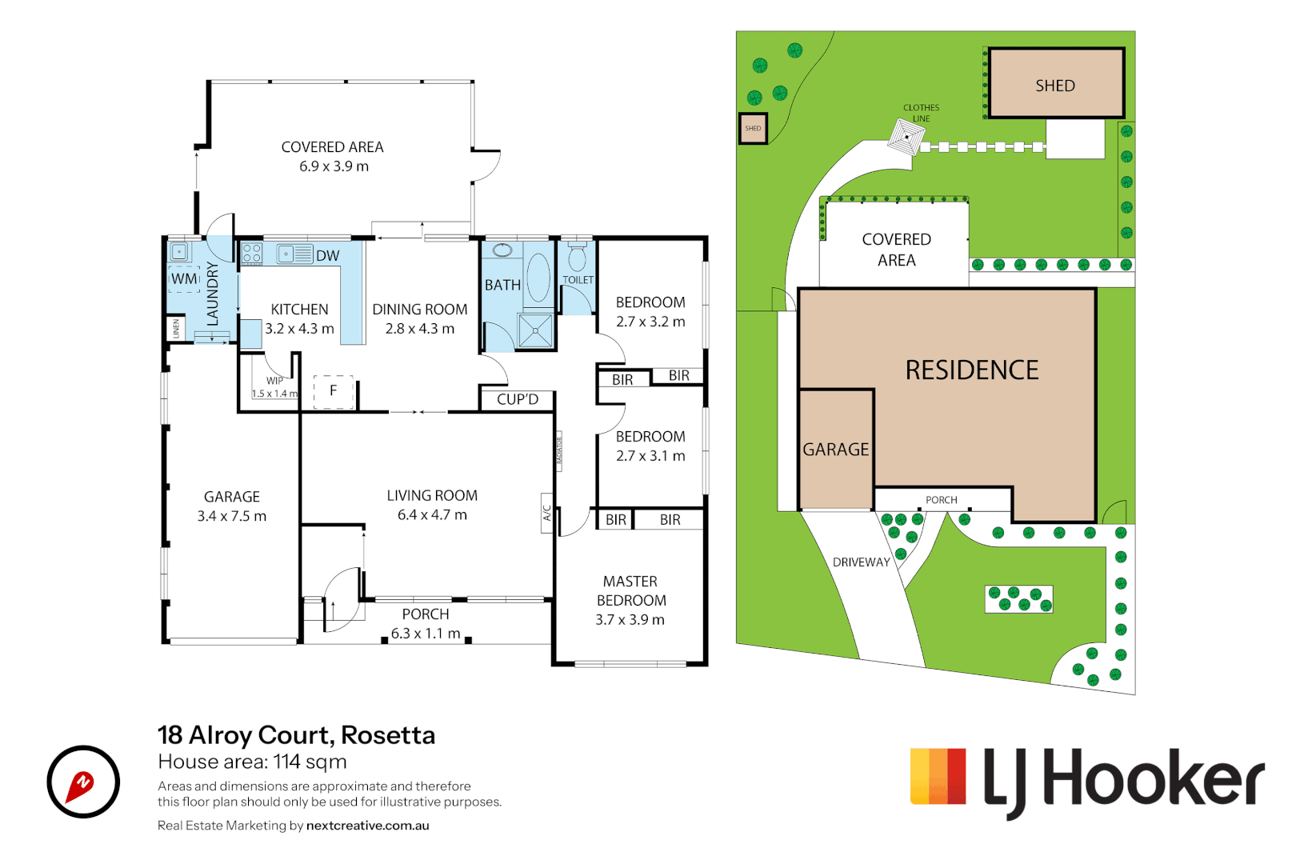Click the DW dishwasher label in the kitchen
(327, 256)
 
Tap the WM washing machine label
(183, 279)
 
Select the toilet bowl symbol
(577, 258)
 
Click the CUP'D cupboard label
(517, 399)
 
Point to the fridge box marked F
(333, 391)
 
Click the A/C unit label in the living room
(547, 513)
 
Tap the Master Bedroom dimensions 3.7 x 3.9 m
(630, 620)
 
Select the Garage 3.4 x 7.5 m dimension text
(231, 517)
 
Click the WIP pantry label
(274, 381)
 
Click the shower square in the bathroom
(534, 330)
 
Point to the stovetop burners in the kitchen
(251, 254)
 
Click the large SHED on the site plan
(1055, 85)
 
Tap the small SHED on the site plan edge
(752, 129)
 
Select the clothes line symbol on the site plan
(906, 137)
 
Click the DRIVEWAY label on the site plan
(861, 562)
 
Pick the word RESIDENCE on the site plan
(971, 370)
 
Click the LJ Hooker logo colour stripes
(938, 776)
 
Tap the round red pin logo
(83, 782)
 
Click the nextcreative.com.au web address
(367, 826)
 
